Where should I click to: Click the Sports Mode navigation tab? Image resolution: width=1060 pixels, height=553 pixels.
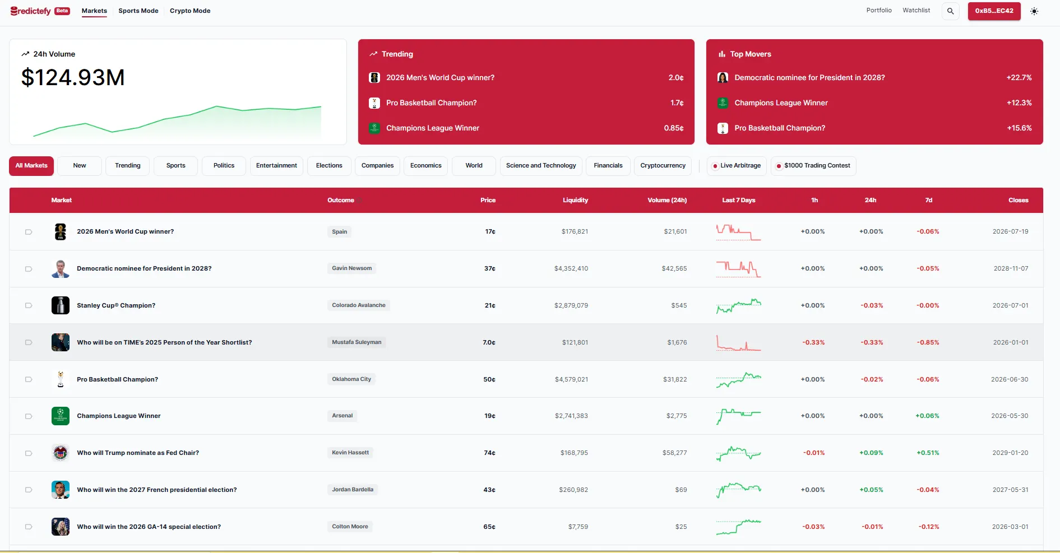pyautogui.click(x=138, y=11)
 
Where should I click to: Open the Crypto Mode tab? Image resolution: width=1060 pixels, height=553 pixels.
pyautogui.click(x=190, y=11)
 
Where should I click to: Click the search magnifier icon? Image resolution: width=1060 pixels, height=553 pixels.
pyautogui.click(x=950, y=11)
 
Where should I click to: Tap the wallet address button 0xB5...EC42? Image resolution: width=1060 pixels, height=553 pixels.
pyautogui.click(x=994, y=11)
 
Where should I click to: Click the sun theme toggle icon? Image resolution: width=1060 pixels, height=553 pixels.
pyautogui.click(x=1034, y=11)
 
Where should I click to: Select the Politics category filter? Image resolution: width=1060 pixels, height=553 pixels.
pyautogui.click(x=224, y=166)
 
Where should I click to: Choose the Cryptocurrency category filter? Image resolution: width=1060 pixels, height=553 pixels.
pyautogui.click(x=663, y=166)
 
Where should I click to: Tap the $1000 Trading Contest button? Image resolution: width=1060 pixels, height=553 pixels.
pyautogui.click(x=813, y=166)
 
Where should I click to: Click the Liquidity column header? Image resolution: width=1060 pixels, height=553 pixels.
pyautogui.click(x=575, y=201)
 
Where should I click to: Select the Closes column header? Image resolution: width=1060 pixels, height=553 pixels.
pyautogui.click(x=1018, y=201)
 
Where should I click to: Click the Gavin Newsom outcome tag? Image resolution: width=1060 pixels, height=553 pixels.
pyautogui.click(x=351, y=268)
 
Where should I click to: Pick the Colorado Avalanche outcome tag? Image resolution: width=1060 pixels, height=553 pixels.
pyautogui.click(x=359, y=305)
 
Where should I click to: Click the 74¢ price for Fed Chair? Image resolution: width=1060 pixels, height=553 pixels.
pyautogui.click(x=489, y=453)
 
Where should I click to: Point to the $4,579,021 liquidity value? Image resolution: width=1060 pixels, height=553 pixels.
pyautogui.click(x=571, y=379)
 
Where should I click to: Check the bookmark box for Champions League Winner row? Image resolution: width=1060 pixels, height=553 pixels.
pyautogui.click(x=29, y=416)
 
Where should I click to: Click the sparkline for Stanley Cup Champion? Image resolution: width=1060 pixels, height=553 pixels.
pyautogui.click(x=738, y=305)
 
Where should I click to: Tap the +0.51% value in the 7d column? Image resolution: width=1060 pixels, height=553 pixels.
pyautogui.click(x=928, y=453)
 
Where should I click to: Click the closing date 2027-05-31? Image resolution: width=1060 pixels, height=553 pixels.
pyautogui.click(x=1010, y=490)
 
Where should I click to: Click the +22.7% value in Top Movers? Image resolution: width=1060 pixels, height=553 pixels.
pyautogui.click(x=1019, y=78)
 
